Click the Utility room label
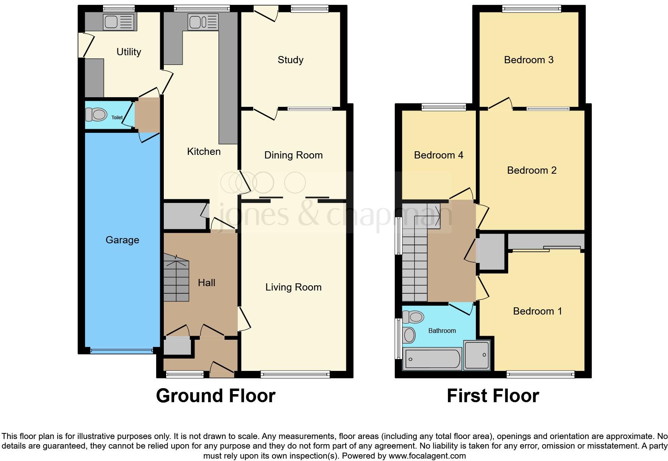129,52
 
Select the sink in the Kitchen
203,22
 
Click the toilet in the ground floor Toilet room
97,115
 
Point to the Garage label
122,240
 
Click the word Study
290,60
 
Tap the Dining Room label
293,155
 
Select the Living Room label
293,287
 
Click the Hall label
207,283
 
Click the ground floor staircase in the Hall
176,280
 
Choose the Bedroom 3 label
529,60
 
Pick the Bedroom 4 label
438,155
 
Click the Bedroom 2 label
531,170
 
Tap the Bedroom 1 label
537,311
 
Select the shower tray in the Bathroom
477,355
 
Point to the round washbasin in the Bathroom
410,335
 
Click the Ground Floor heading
215,396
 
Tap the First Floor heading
493,396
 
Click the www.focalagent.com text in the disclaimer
427,456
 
